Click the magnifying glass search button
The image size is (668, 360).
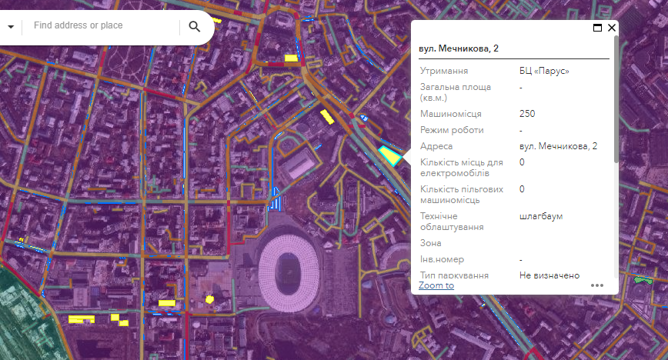click(x=194, y=27)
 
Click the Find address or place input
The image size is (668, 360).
click(x=104, y=26)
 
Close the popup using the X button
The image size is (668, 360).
click(x=612, y=28)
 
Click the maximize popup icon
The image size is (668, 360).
click(x=597, y=28)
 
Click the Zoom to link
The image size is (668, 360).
click(x=436, y=285)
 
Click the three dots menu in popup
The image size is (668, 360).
click(x=598, y=285)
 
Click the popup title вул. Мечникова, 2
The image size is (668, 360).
click(x=459, y=48)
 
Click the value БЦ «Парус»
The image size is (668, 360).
click(x=544, y=71)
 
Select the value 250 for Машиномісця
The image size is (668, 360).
click(x=527, y=114)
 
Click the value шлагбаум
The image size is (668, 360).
click(x=541, y=216)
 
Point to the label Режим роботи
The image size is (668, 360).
click(x=448, y=130)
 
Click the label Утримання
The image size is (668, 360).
click(x=444, y=71)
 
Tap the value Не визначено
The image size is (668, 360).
click(x=549, y=275)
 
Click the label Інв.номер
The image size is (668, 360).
click(x=442, y=259)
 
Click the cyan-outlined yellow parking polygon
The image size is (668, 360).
click(x=389, y=155)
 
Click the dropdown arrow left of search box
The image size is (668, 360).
click(x=11, y=27)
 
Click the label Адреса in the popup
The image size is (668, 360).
click(x=436, y=146)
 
